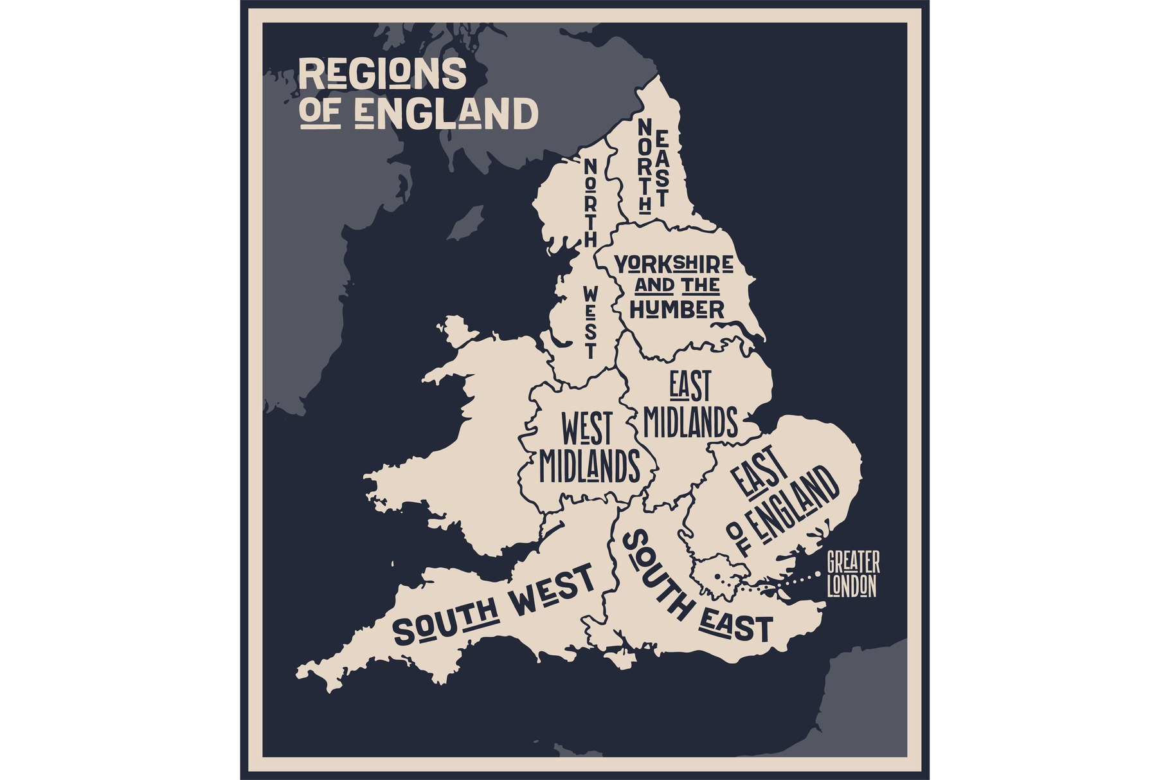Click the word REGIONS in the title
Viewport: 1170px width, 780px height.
point(382,74)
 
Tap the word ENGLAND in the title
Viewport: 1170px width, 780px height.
point(446,114)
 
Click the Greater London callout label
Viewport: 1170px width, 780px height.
point(852,574)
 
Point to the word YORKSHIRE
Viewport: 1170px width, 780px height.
point(674,264)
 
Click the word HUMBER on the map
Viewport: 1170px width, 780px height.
point(677,309)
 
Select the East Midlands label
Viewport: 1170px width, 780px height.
point(690,405)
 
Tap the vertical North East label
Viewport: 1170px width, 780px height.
point(653,165)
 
